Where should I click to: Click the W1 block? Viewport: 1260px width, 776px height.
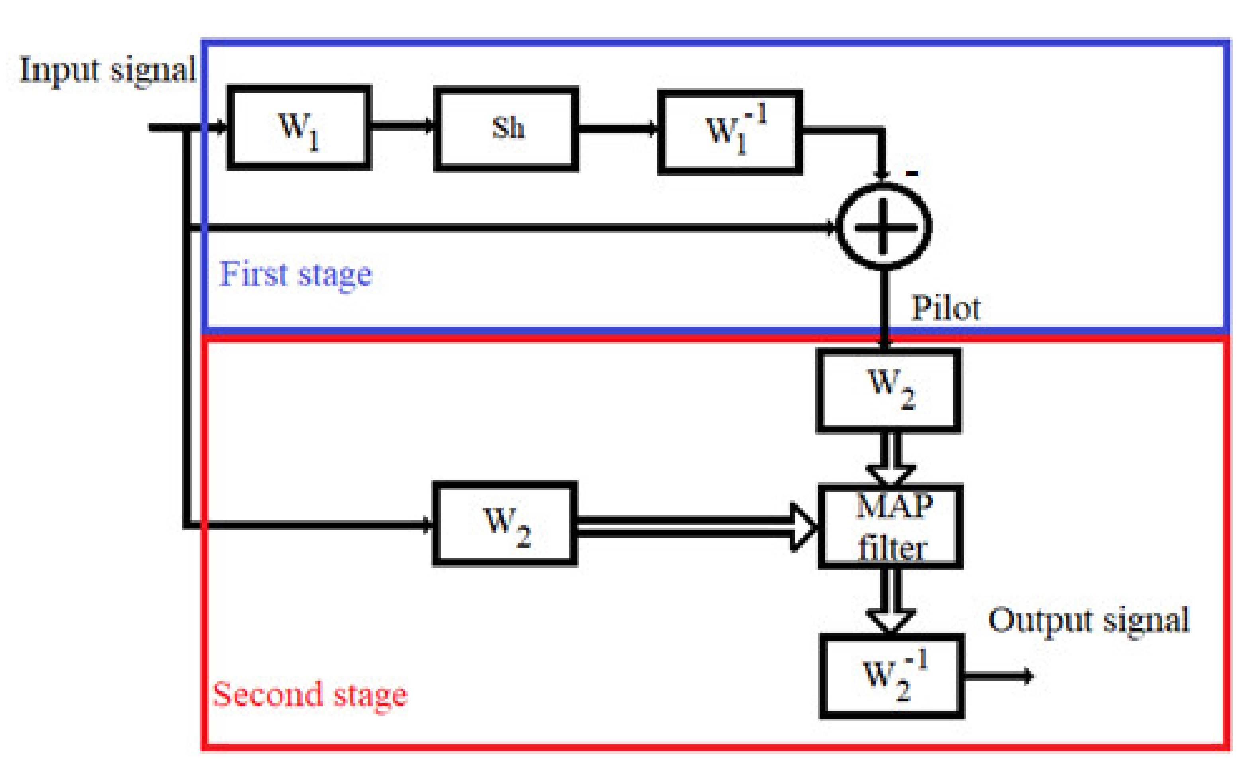(x=299, y=128)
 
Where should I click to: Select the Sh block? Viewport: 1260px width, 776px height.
(x=507, y=129)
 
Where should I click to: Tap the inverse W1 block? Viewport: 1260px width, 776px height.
(x=730, y=132)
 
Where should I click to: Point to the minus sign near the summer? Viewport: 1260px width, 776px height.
(x=912, y=173)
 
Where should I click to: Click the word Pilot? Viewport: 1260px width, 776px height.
(x=945, y=308)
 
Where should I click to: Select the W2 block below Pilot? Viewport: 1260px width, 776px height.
(x=888, y=390)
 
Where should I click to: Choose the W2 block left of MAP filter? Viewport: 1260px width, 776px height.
(x=505, y=524)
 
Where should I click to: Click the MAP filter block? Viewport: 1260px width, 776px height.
(x=890, y=527)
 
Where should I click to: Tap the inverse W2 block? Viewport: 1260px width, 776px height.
(x=892, y=676)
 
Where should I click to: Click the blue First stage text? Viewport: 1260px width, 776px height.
(x=295, y=274)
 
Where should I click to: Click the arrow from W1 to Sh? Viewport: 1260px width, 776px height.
(x=402, y=125)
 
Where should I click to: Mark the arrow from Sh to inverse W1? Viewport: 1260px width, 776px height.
(x=618, y=128)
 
